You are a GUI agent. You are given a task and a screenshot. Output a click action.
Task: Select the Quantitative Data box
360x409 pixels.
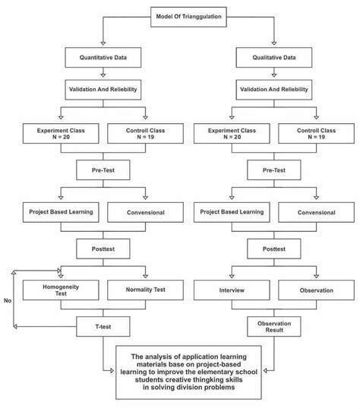pos(103,56)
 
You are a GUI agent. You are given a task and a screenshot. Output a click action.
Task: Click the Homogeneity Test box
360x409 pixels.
pos(60,290)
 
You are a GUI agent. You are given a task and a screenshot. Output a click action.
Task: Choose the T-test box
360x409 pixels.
pos(103,327)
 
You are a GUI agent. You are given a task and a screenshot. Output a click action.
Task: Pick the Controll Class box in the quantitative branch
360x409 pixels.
pos(145,134)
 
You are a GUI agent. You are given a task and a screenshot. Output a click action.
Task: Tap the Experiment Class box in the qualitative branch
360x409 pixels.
pos(229,134)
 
